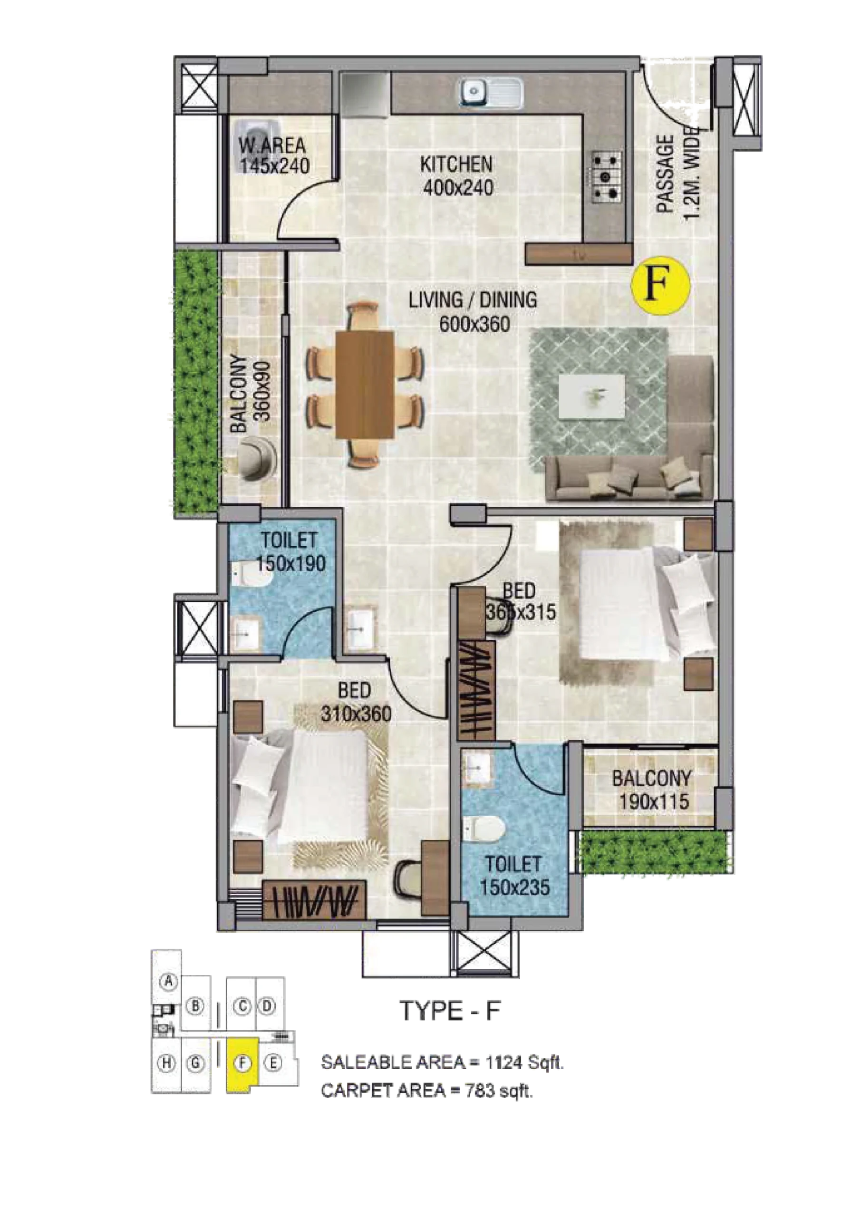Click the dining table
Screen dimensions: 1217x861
364,384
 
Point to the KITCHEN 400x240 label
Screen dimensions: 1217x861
457,175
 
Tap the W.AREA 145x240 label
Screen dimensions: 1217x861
273,155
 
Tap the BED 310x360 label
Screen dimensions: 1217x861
356,702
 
